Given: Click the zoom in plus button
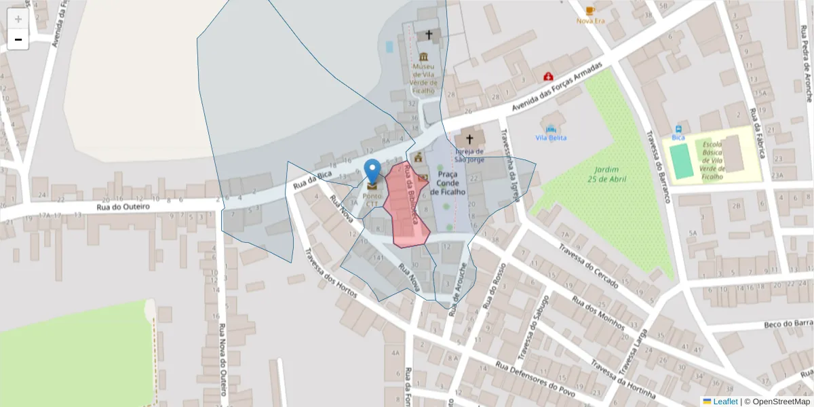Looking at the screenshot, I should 18,19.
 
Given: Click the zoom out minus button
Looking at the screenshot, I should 18,39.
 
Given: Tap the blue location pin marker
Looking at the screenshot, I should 372,172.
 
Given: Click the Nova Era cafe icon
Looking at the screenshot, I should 590,10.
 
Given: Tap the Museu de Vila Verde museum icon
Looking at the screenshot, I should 424,56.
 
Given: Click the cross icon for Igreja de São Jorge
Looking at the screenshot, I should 469,139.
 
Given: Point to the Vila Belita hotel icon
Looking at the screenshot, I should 551,128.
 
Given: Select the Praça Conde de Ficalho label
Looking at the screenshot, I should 448,183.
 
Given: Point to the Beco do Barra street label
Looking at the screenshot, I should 788,324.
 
